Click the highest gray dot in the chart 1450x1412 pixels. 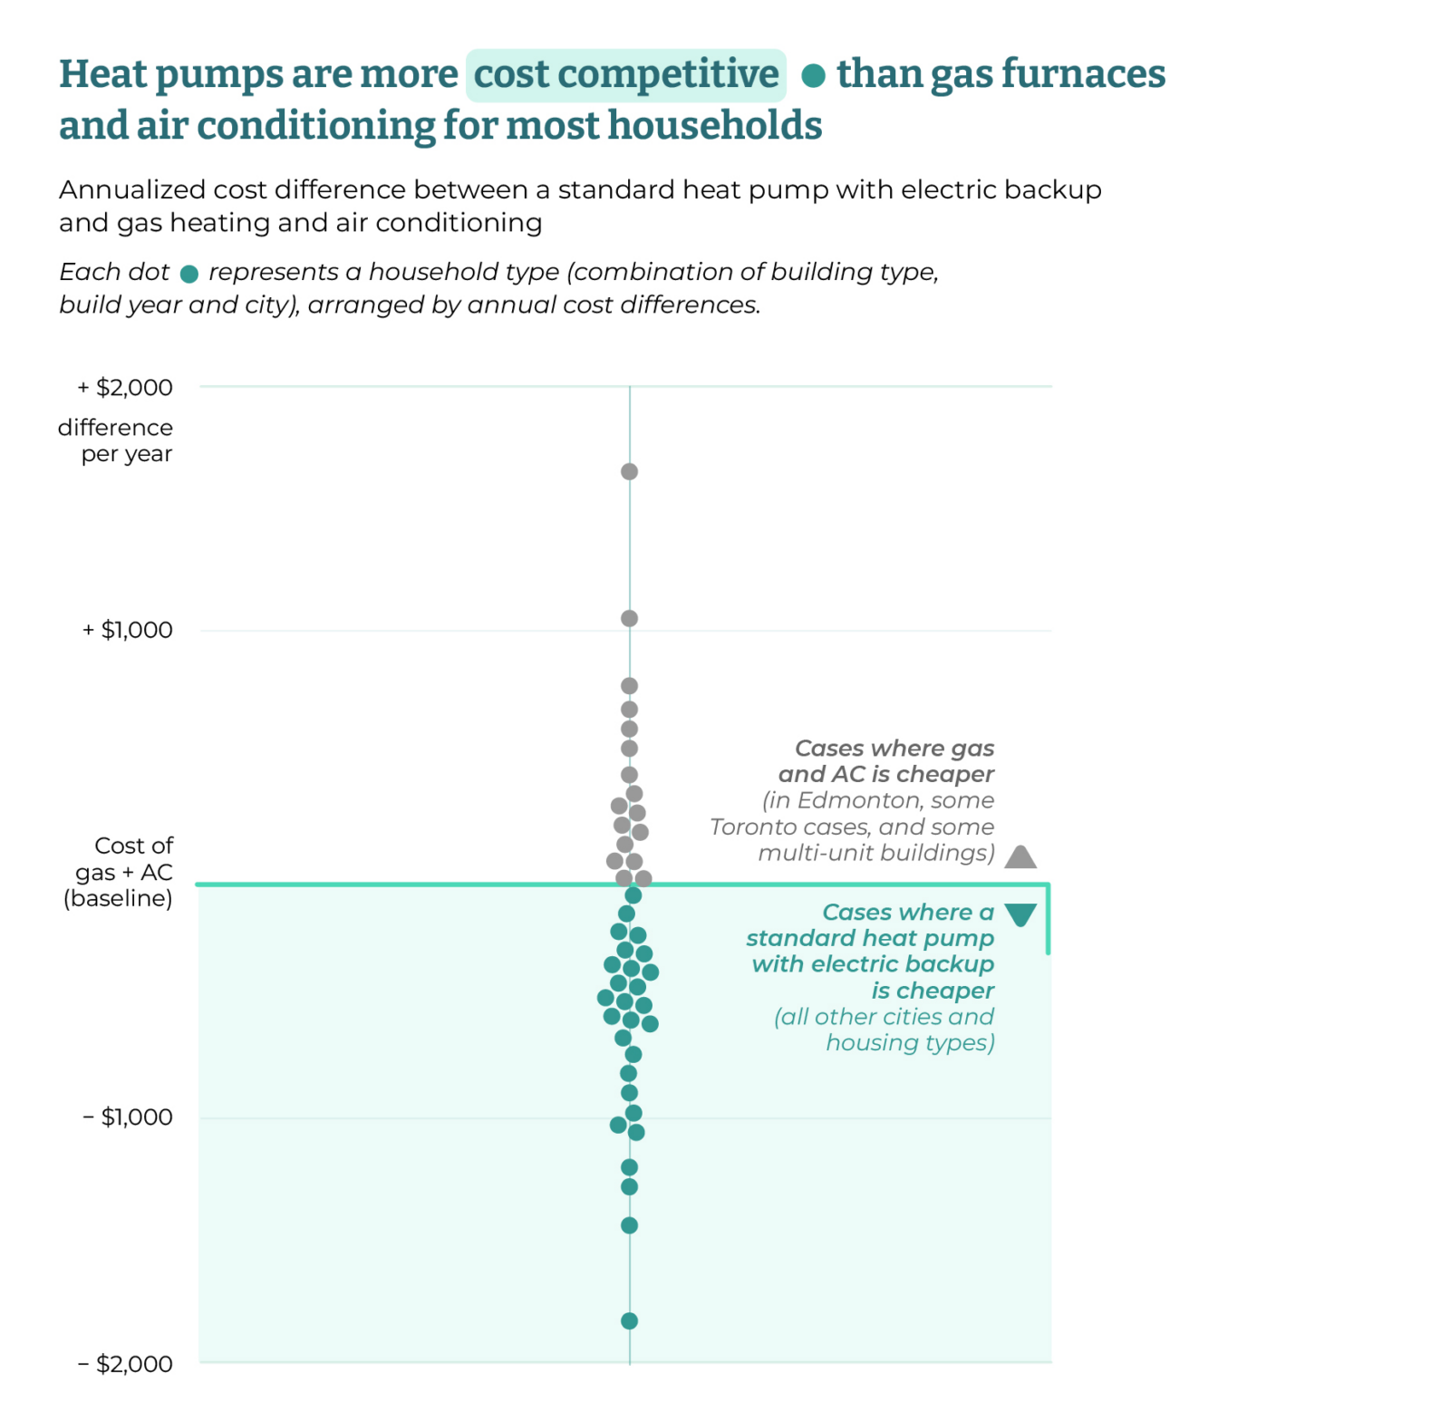coord(629,471)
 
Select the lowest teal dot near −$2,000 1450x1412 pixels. coord(629,1320)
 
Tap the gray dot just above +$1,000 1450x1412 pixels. coord(629,618)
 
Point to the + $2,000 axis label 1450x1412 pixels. coord(125,388)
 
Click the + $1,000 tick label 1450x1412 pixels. coord(128,630)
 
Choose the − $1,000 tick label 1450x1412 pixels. coord(128,1117)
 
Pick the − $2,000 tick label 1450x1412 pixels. coord(125,1363)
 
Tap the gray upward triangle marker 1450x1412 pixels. coord(1020,856)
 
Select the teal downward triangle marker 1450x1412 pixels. coord(1020,914)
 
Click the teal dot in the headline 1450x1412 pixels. coord(813,76)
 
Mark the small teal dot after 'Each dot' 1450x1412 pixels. coord(188,274)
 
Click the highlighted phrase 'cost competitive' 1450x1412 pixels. coord(626,74)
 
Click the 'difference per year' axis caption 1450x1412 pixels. coord(116,440)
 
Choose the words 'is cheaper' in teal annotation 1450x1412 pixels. coord(933,991)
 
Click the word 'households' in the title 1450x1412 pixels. coord(715,125)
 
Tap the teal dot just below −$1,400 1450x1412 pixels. coord(629,1225)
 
